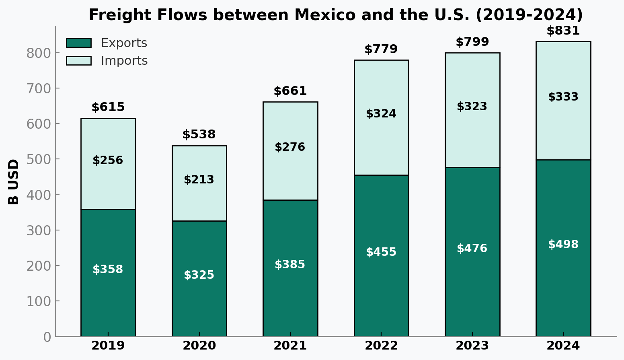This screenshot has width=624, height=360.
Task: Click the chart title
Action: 335,15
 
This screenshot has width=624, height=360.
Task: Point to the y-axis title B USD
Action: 14,181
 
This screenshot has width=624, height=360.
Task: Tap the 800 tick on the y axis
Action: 39,53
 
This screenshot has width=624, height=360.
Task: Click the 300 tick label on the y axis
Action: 39,230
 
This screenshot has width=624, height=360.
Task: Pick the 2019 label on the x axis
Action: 108,346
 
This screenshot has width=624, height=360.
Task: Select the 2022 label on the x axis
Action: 381,346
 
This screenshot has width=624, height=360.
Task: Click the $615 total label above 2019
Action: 108,107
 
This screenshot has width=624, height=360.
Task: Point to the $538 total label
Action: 199,135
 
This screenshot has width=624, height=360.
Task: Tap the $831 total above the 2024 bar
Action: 563,31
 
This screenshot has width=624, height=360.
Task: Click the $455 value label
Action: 381,252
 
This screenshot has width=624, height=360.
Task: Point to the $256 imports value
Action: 108,160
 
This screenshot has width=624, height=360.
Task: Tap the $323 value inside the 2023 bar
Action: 472,107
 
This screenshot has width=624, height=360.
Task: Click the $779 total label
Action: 381,49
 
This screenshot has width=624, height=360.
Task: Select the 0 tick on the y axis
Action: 47,337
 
